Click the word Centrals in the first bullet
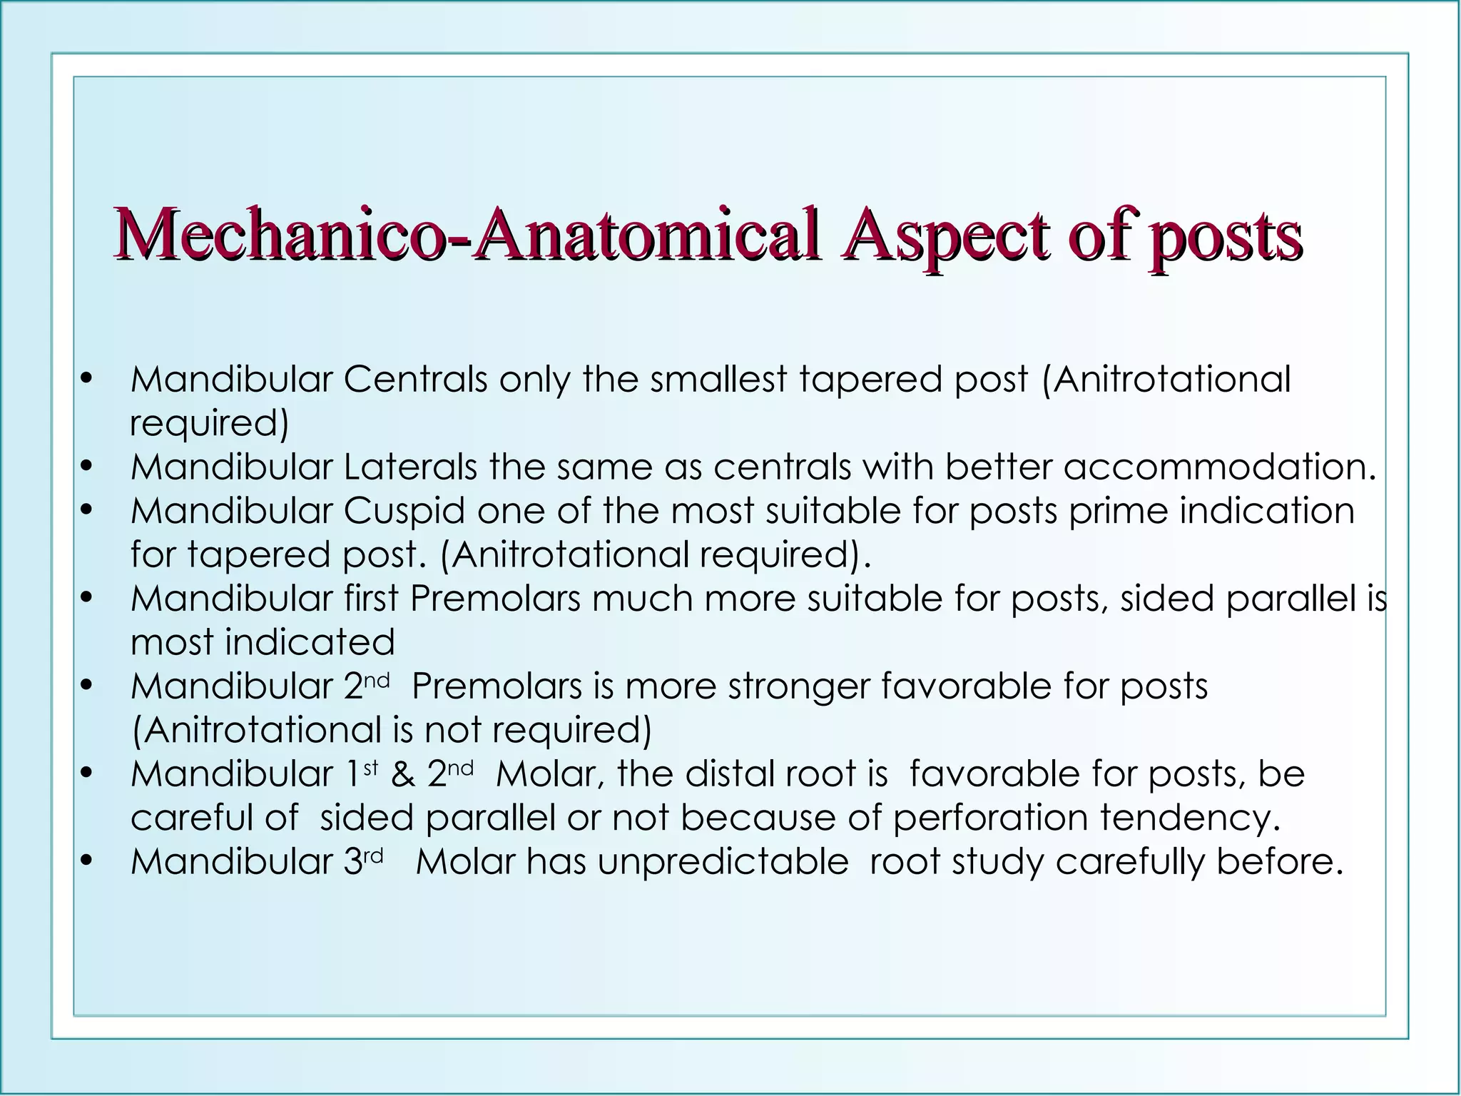pos(415,379)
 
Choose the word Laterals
pos(410,467)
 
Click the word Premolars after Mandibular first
pos(495,599)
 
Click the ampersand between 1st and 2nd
pos(403,774)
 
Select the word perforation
pos(991,818)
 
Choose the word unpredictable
pos(723,862)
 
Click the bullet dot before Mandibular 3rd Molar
pos(87,862)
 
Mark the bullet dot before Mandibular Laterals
pos(87,467)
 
